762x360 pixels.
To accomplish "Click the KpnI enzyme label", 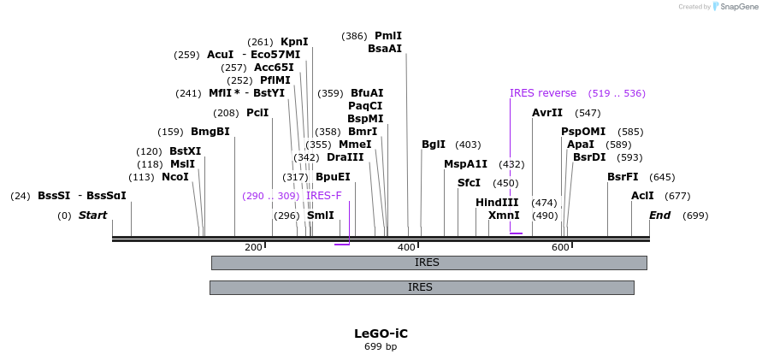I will [294, 42].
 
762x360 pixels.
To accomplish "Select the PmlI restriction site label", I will [387, 36].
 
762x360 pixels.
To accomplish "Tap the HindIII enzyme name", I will [497, 203].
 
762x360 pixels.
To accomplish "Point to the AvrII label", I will [547, 113].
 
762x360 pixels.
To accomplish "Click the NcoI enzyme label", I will [174, 177].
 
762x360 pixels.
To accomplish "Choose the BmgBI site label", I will [210, 132].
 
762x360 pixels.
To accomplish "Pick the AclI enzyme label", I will [642, 196].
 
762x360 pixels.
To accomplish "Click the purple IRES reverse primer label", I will [543, 93].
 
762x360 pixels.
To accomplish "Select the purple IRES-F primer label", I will [324, 196].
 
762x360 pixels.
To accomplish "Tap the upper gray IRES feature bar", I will [428, 263].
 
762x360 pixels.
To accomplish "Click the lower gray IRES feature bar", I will [421, 287].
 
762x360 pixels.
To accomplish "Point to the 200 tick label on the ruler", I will [254, 248].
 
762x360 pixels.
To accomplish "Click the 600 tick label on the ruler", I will [560, 248].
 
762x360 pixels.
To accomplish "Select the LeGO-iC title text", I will [381, 333].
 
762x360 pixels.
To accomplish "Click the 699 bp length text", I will [381, 347].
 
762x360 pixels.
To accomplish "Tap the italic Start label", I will [92, 215].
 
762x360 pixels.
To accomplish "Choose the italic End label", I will [660, 215].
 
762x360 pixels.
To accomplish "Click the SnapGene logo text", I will [735, 7].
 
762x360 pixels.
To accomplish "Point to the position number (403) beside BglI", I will [468, 145].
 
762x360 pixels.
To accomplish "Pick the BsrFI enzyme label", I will [623, 177].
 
